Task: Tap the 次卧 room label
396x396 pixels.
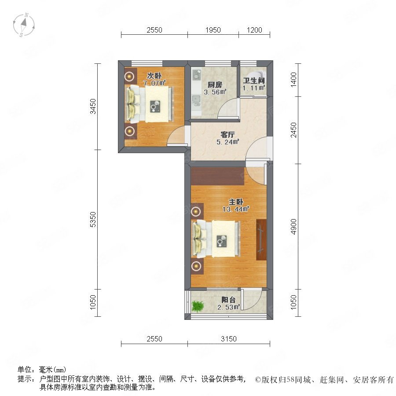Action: [x=154, y=76]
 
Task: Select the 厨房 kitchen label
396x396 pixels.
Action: [x=215, y=85]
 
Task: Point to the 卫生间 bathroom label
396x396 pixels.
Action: [x=253, y=81]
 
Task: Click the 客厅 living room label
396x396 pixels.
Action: [x=227, y=135]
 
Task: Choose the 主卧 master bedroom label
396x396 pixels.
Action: [x=236, y=202]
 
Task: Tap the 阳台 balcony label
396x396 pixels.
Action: [x=228, y=300]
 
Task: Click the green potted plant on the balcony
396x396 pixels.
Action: [x=197, y=306]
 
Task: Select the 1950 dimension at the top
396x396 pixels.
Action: [x=213, y=30]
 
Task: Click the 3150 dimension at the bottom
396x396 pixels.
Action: [x=228, y=339]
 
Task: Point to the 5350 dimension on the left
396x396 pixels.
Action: [x=93, y=220]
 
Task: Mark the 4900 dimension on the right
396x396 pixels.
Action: [x=293, y=227]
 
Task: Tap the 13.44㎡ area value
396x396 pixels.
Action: [x=236, y=209]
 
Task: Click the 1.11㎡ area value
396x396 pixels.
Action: [x=253, y=88]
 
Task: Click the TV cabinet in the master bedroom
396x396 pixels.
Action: [x=261, y=240]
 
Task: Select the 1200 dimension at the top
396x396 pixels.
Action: [x=254, y=30]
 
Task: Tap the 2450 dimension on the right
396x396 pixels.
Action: [x=293, y=130]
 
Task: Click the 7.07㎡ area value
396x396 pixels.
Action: [x=154, y=83]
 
